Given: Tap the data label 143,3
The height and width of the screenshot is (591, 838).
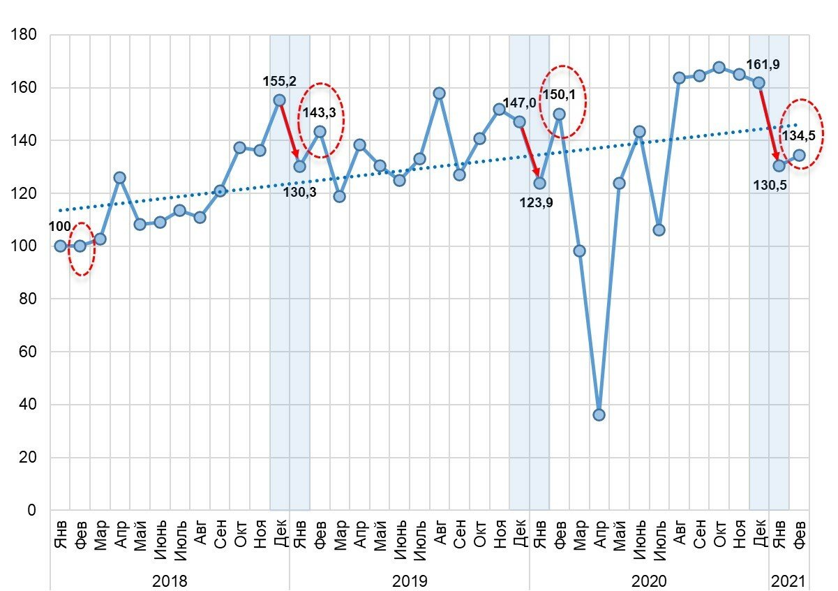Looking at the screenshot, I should (320, 111).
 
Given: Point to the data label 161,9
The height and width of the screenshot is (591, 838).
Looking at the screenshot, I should (763, 65).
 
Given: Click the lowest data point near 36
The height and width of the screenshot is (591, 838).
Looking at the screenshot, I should (599, 414).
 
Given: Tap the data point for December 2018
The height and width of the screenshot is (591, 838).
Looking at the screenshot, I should (279, 100).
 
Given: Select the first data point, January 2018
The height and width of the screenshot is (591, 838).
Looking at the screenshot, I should (60, 246).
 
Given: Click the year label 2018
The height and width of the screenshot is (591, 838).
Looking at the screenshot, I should (170, 581).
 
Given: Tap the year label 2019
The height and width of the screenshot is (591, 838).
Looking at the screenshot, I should (410, 581).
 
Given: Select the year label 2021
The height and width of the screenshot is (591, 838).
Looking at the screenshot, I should (788, 581).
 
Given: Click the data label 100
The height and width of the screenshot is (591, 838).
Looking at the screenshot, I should (59, 227).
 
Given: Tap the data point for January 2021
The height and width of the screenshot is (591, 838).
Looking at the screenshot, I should (779, 165).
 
